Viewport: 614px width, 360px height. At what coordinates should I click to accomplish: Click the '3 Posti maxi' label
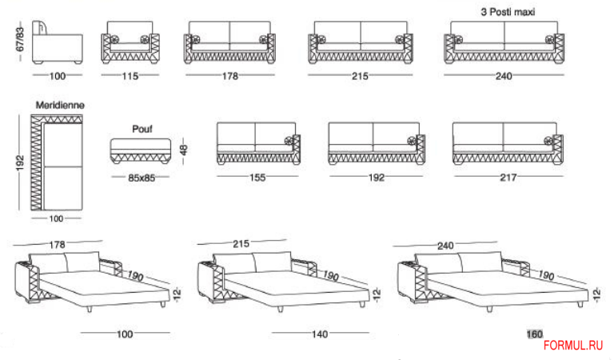tap(508, 13)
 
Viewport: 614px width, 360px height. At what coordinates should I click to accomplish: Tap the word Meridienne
tap(60, 105)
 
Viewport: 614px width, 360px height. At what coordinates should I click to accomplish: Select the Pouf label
tap(141, 127)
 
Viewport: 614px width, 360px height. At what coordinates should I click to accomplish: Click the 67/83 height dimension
tap(18, 38)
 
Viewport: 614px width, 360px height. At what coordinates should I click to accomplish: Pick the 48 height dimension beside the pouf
tap(183, 150)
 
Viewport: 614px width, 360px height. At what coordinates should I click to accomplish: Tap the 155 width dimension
tap(257, 178)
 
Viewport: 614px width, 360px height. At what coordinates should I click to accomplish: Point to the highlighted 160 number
tap(533, 334)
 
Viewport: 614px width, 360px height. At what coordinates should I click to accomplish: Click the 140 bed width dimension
tap(320, 334)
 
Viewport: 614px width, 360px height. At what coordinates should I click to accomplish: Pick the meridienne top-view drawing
tap(56, 165)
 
